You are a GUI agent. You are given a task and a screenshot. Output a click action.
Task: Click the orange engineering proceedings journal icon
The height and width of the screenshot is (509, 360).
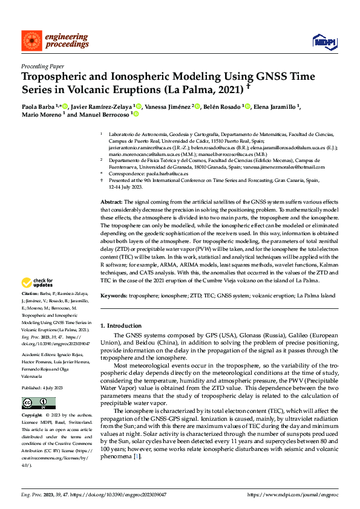(32, 41)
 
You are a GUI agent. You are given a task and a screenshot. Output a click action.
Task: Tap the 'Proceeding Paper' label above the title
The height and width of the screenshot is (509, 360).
(43, 66)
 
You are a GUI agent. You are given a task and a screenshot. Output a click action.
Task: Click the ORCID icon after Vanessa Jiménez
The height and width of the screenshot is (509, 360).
(198, 107)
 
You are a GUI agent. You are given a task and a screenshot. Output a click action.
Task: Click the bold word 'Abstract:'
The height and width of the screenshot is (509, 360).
(111, 201)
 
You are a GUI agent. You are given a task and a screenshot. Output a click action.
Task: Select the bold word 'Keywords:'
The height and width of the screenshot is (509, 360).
(114, 296)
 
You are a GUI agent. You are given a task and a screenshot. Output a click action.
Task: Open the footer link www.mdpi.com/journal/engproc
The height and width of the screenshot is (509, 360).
(296, 494)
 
